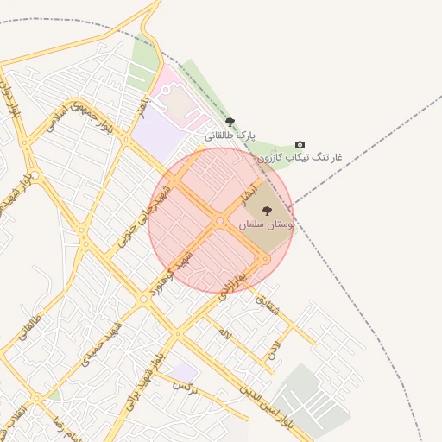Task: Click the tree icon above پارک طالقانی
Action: pyautogui.click(x=229, y=122)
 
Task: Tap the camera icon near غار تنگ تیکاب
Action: pyautogui.click(x=300, y=144)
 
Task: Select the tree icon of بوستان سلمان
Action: pyautogui.click(x=265, y=211)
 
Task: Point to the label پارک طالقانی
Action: pyautogui.click(x=230, y=135)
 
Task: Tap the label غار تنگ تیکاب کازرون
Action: pyautogui.click(x=299, y=157)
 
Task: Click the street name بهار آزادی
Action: pyautogui.click(x=229, y=284)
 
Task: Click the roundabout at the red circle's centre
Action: pyautogui.click(x=220, y=221)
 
